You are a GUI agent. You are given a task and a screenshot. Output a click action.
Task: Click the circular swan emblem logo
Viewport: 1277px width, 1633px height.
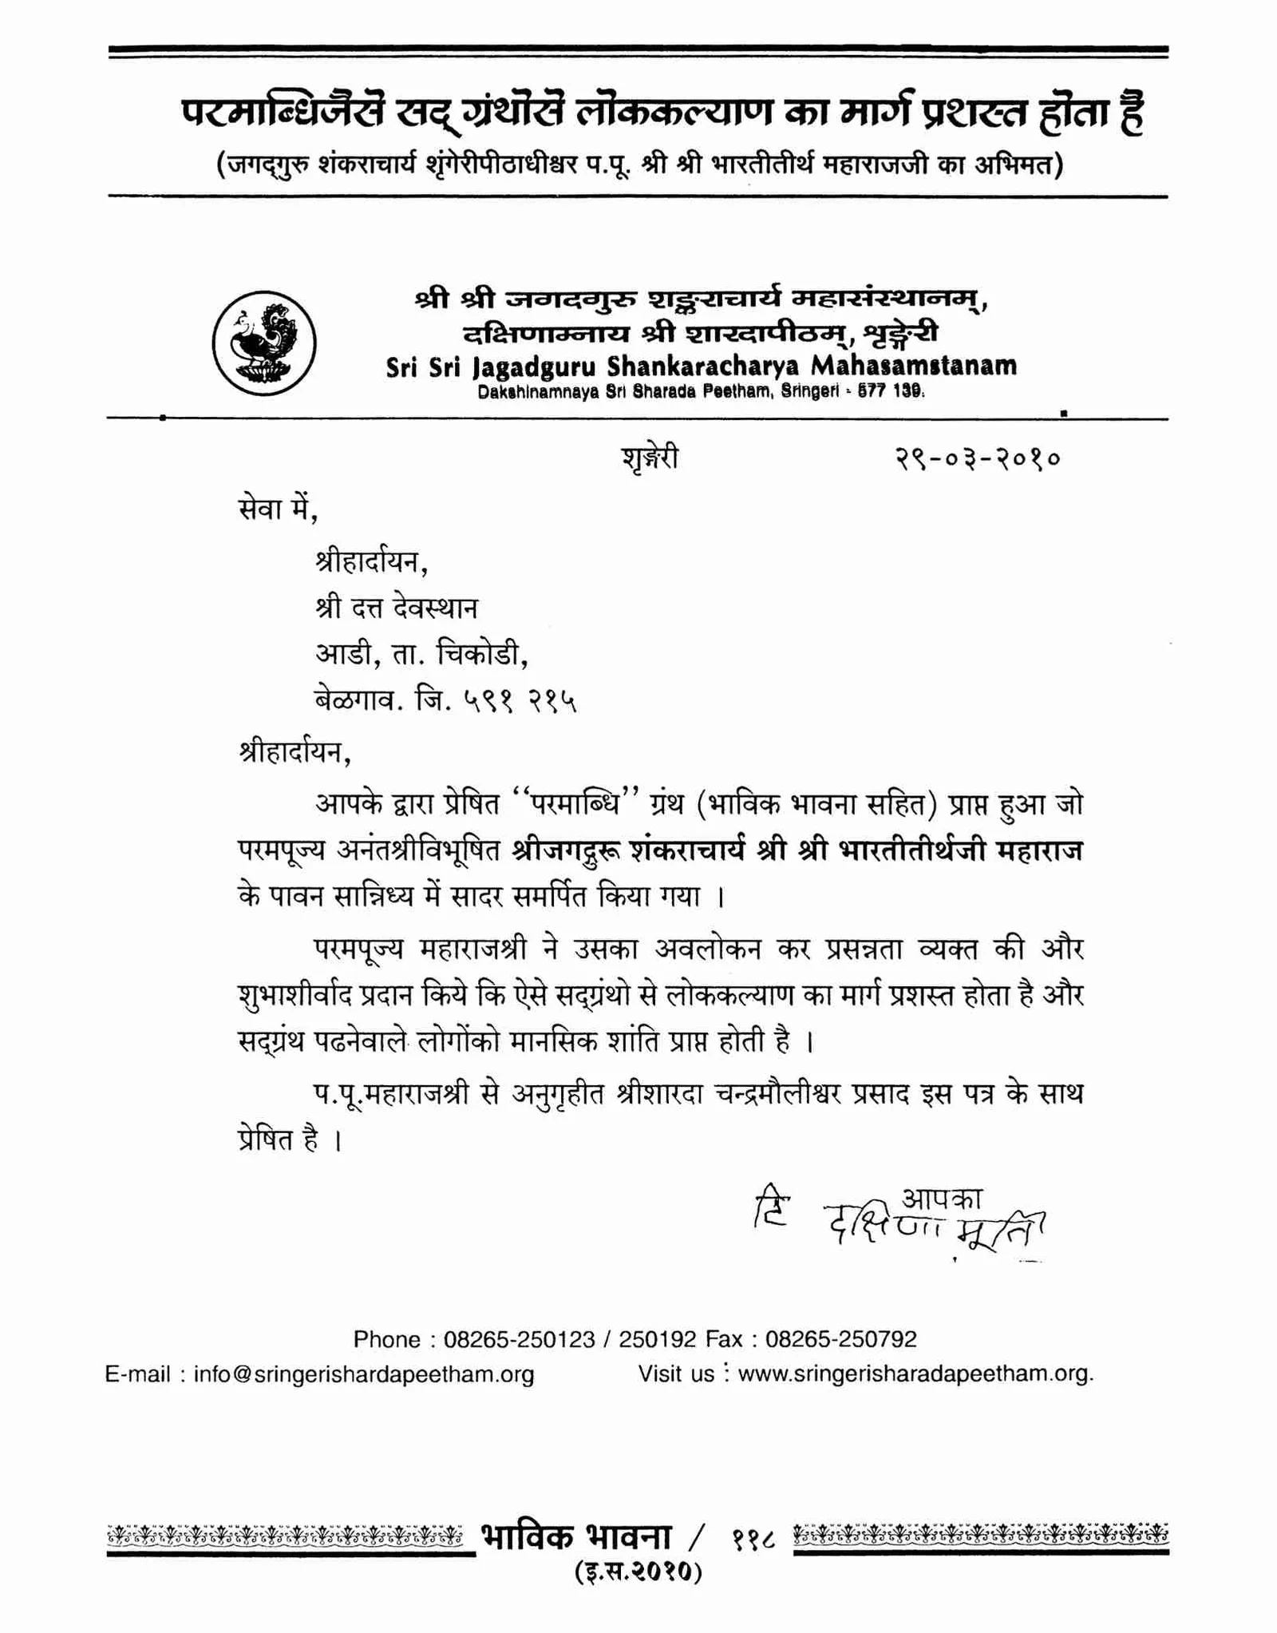(x=264, y=343)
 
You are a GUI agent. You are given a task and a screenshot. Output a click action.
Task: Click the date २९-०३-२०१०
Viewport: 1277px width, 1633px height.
(x=977, y=458)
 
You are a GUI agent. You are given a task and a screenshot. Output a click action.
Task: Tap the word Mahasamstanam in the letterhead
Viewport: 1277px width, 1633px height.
(x=914, y=366)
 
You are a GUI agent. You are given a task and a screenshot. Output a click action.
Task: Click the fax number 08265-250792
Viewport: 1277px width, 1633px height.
(x=840, y=1338)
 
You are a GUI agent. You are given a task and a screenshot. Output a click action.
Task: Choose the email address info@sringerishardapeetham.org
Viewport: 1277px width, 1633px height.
(x=364, y=1373)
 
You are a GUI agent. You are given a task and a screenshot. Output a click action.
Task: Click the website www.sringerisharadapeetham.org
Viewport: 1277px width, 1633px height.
(x=915, y=1373)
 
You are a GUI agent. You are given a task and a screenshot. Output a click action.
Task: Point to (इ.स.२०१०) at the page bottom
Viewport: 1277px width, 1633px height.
(x=638, y=1571)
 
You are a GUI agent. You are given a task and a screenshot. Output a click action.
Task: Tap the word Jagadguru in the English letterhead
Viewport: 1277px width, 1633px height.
(x=536, y=367)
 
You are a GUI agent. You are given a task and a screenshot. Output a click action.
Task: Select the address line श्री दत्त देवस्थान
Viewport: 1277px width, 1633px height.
(x=397, y=608)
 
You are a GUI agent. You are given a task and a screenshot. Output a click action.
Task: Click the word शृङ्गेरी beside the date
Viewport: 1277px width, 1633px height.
(x=650, y=458)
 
